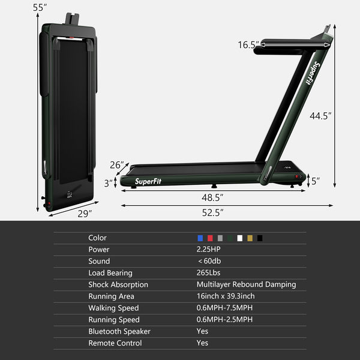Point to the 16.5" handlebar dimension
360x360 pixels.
click(248, 44)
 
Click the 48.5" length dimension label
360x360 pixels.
click(213, 197)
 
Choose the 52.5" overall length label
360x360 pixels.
click(213, 212)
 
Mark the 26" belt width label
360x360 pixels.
click(118, 165)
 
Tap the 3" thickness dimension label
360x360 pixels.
click(107, 182)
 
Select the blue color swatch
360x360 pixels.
click(200, 238)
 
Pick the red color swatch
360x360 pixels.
click(210, 238)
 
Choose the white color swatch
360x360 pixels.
click(240, 238)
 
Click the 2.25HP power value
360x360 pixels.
click(208, 250)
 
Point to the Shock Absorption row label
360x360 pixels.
click(118, 285)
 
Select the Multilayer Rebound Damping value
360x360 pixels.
click(246, 285)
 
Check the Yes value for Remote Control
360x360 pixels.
click(202, 343)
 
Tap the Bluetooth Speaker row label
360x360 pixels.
click(119, 332)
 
